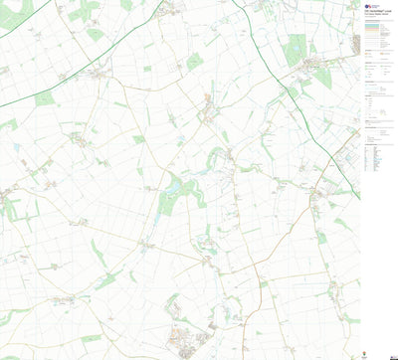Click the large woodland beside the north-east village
click(x=296, y=50)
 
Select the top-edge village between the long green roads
click(x=170, y=10)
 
